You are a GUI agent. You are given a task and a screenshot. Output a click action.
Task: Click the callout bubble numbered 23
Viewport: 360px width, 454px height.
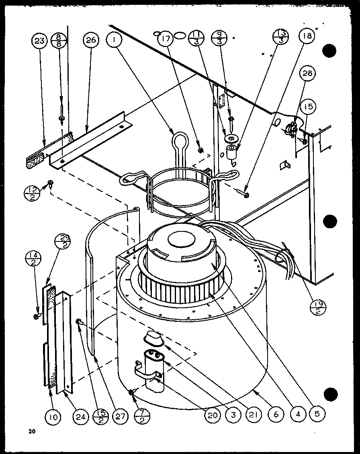[40, 41]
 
